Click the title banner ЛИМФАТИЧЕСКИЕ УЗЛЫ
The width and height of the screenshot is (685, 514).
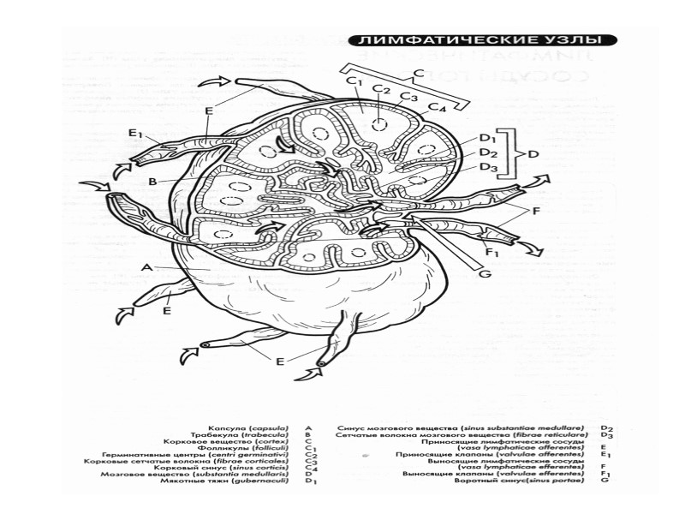(x=485, y=40)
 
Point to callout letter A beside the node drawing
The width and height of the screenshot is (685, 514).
(x=146, y=267)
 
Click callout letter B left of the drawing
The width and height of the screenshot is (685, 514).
(x=152, y=182)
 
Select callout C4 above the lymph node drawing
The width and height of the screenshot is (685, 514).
(x=438, y=107)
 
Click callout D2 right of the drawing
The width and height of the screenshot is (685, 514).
(x=488, y=152)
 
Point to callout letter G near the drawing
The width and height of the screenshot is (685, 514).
(x=484, y=274)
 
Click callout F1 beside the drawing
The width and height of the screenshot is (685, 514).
(x=491, y=253)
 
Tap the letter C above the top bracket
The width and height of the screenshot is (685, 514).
(x=419, y=73)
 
